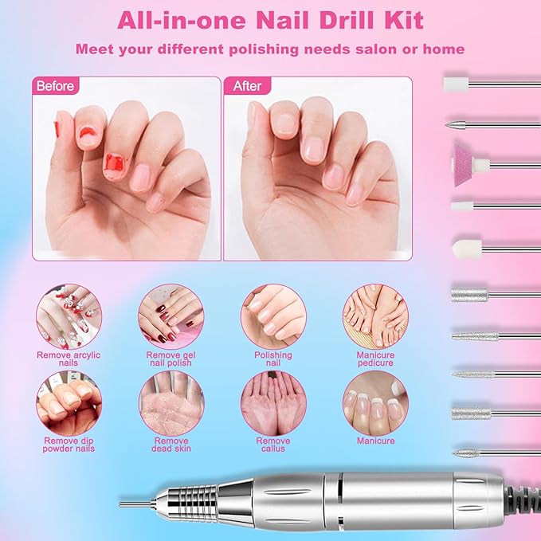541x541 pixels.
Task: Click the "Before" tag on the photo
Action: tap(53, 86)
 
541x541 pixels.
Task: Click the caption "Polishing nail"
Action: tap(272, 359)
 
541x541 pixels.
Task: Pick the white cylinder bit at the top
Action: tap(456, 82)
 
